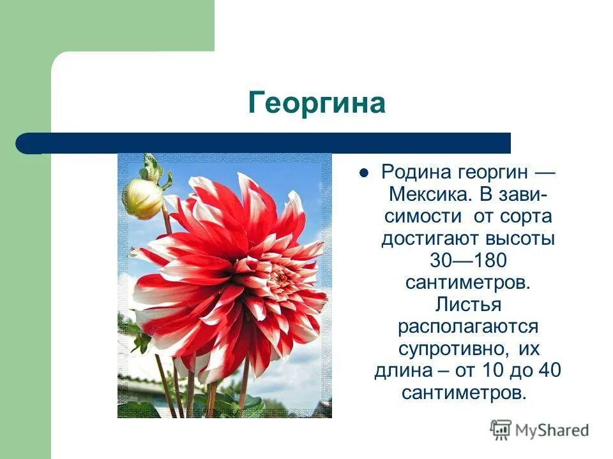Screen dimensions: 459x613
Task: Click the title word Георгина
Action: point(317,103)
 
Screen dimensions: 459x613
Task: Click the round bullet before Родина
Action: point(364,172)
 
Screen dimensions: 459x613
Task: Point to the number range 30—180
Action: point(467,260)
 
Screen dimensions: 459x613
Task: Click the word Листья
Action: point(467,304)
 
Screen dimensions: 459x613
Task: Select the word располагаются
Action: point(467,326)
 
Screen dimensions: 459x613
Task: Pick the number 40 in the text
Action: point(549,370)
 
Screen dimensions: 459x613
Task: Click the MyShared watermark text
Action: point(552,430)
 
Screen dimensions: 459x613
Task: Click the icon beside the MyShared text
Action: point(501,430)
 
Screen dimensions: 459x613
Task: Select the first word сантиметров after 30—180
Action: point(467,282)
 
